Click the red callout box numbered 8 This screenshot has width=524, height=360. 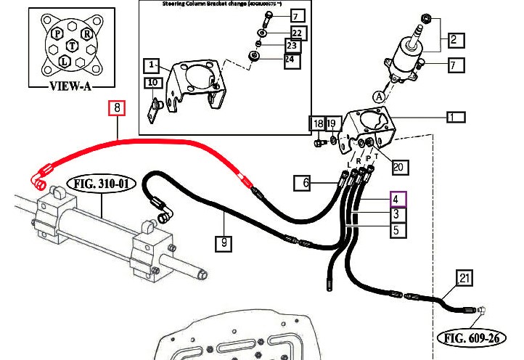click(x=118, y=109)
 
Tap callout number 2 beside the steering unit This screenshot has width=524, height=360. click(x=456, y=41)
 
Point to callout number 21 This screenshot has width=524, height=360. click(x=465, y=278)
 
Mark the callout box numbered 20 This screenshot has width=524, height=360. click(x=398, y=167)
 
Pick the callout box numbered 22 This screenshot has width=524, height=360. click(x=297, y=33)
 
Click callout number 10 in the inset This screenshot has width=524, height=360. click(x=153, y=83)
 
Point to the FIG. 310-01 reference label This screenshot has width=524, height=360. click(x=102, y=184)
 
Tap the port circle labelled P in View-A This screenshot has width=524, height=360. click(x=56, y=34)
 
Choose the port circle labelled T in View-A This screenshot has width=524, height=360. click(x=71, y=45)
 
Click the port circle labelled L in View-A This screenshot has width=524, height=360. click(x=65, y=62)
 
